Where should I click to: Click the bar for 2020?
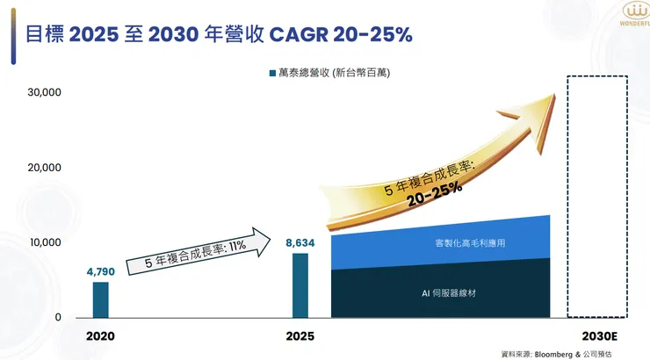click(x=100, y=299)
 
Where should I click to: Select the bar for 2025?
click(x=300, y=284)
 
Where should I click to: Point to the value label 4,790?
click(x=100, y=272)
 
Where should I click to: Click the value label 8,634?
click(x=300, y=242)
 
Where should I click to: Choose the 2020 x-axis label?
click(x=100, y=336)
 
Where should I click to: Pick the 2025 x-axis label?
click(x=300, y=336)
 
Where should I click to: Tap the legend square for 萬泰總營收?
click(x=272, y=73)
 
